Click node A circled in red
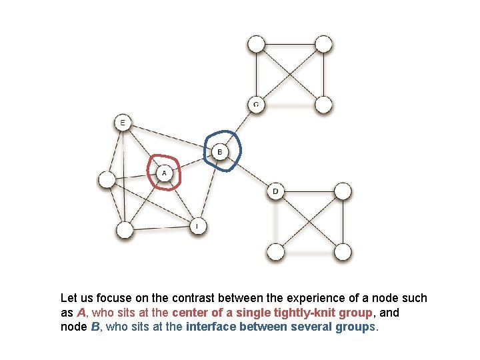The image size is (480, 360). [x=164, y=173]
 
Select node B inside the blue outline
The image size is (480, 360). [x=221, y=153]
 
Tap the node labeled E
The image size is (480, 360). [x=122, y=122]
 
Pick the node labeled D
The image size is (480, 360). [x=275, y=192]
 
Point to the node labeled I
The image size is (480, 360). [x=197, y=227]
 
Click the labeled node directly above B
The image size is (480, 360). [x=256, y=105]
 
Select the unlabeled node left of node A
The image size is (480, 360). [x=107, y=179]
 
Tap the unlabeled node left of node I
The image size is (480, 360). [x=125, y=231]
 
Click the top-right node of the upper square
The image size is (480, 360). [x=323, y=45]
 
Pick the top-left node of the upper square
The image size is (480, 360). [x=256, y=45]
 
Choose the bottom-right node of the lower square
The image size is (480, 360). [x=342, y=252]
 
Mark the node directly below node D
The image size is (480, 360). [x=275, y=252]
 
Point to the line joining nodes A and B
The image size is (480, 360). [x=192, y=163]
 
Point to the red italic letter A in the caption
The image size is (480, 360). [x=81, y=313]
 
